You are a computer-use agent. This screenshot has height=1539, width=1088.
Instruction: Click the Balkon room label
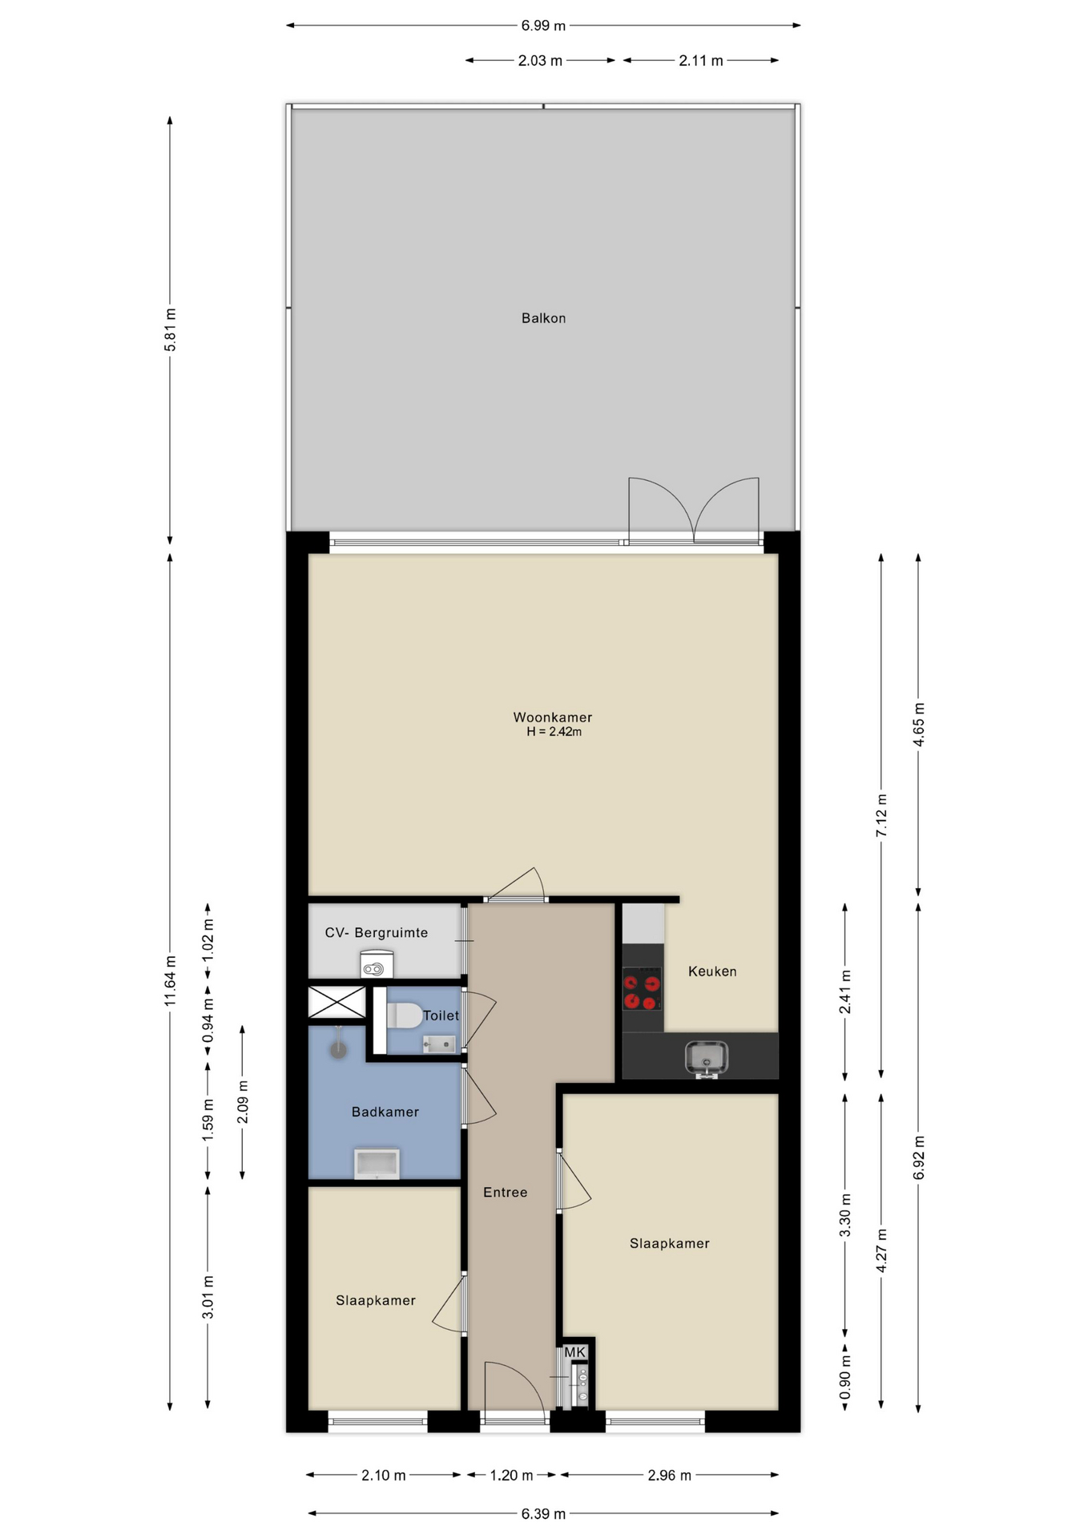pyautogui.click(x=543, y=318)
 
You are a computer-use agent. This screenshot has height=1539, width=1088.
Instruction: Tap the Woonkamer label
pyautogui.click(x=553, y=717)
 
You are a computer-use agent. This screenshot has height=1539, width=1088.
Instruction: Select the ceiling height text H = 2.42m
pyautogui.click(x=554, y=732)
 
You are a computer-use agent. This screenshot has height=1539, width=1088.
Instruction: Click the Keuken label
pyautogui.click(x=712, y=971)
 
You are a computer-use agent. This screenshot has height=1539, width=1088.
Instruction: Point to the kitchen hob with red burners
pyautogui.click(x=643, y=988)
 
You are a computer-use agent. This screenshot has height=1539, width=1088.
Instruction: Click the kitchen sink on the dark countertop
pyautogui.click(x=706, y=1058)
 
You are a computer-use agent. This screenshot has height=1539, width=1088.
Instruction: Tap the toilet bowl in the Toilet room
pyautogui.click(x=405, y=1016)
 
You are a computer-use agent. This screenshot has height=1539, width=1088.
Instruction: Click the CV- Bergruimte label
pyautogui.click(x=377, y=933)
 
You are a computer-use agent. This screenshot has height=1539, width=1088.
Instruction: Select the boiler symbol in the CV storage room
pyautogui.click(x=377, y=964)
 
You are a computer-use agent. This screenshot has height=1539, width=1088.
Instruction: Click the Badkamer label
pyautogui.click(x=385, y=1112)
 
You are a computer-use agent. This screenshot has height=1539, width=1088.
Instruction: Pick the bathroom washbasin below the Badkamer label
pyautogui.click(x=377, y=1164)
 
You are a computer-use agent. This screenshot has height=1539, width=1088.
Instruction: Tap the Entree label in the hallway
pyautogui.click(x=506, y=1193)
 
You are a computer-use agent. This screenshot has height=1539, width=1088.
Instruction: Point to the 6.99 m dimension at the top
pyautogui.click(x=543, y=26)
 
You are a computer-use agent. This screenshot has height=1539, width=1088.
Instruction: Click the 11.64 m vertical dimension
pyautogui.click(x=170, y=981)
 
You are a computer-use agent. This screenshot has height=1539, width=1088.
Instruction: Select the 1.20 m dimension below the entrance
pyautogui.click(x=512, y=1475)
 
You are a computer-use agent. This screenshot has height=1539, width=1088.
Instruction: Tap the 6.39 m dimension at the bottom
pyautogui.click(x=543, y=1513)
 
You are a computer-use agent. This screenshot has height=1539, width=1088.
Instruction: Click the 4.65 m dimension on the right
pyautogui.click(x=918, y=725)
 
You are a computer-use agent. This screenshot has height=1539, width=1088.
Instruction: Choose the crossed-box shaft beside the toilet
pyautogui.click(x=337, y=1002)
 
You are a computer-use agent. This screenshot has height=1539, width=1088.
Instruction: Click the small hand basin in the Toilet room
pyautogui.click(x=439, y=1044)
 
